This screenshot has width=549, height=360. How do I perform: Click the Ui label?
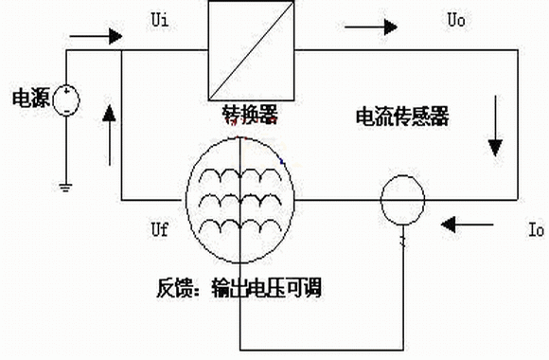(x=160, y=20)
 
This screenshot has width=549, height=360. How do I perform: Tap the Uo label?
(x=456, y=20)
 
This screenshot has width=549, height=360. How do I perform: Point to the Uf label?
(x=160, y=229)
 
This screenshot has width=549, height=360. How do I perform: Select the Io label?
(x=536, y=229)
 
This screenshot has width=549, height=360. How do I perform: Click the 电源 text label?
(x=31, y=99)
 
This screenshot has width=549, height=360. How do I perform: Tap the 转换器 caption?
(x=250, y=115)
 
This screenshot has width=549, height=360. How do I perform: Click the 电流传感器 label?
(x=402, y=117)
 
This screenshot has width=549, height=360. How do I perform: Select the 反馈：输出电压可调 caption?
(x=239, y=288)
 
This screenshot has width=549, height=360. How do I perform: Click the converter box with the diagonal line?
(x=251, y=50)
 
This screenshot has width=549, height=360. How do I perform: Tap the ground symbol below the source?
(x=66, y=188)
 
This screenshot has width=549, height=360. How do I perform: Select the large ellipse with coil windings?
(x=187, y=200)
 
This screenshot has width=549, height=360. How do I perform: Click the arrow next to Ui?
(x=96, y=36)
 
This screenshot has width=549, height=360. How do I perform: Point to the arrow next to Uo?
(x=371, y=27)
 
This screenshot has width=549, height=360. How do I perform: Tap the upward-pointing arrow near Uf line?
(x=110, y=135)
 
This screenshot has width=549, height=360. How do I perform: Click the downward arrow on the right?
(x=495, y=126)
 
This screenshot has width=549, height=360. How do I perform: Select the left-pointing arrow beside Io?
(x=467, y=225)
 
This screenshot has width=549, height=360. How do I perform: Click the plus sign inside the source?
(x=66, y=92)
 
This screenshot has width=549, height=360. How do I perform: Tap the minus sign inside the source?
(x=67, y=112)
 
